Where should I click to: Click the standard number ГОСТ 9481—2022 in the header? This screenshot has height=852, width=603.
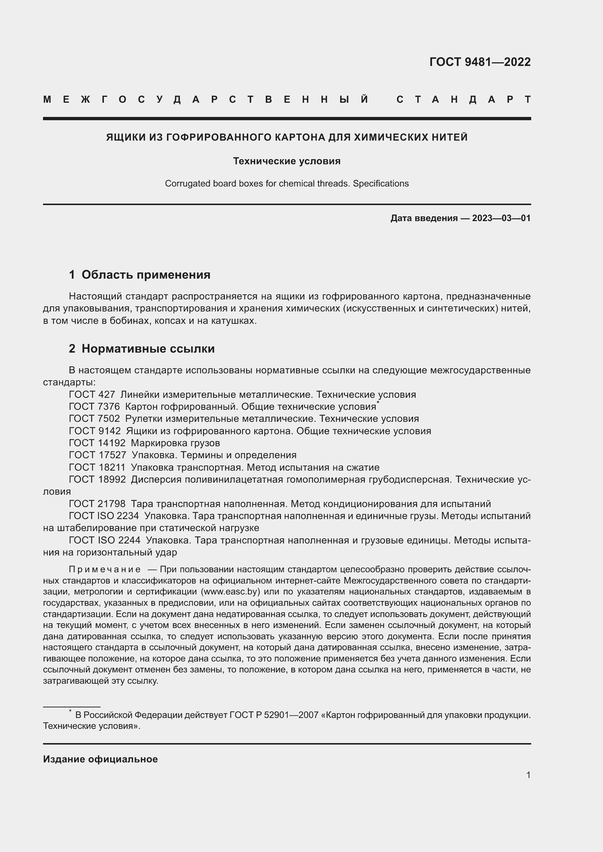click(480, 62)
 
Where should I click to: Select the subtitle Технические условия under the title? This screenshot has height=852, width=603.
click(287, 161)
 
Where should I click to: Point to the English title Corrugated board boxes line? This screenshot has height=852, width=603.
click(287, 184)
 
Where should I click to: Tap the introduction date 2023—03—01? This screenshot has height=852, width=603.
click(501, 218)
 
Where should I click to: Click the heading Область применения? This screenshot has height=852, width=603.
click(145, 275)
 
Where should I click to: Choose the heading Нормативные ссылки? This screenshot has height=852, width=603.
click(148, 349)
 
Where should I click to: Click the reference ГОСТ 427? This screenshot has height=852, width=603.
click(92, 394)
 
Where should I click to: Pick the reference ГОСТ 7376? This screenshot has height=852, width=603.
click(94, 407)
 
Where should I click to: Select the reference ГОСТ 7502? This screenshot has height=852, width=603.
click(94, 419)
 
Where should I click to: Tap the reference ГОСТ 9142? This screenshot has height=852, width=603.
click(95, 431)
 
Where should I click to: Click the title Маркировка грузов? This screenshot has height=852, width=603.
click(175, 443)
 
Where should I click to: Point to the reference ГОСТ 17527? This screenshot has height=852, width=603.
click(97, 455)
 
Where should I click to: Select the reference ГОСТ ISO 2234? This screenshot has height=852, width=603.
click(104, 516)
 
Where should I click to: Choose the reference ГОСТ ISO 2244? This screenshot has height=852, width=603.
click(104, 540)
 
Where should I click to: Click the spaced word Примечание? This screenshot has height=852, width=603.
click(105, 570)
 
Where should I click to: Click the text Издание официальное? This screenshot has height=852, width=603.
click(100, 759)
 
